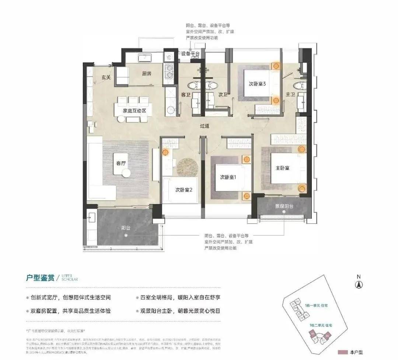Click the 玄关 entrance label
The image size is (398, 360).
pyautogui.click(x=107, y=77)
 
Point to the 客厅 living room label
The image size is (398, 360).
pyautogui.click(x=121, y=163)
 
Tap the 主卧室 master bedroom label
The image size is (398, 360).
pyautogui.click(x=282, y=168)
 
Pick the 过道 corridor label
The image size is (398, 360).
pyautogui.click(x=205, y=126)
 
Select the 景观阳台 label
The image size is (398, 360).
pyautogui.click(x=284, y=206)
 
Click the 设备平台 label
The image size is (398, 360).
pyautogui.click(x=191, y=54)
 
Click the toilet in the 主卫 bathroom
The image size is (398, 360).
pyautogui.click(x=301, y=85)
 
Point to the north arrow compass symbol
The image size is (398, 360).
pyautogui.click(x=358, y=284)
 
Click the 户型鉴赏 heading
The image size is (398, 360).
pyautogui.click(x=40, y=277)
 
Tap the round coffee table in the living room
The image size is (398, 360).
pyautogui.click(x=126, y=173)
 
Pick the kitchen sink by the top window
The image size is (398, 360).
pyautogui.click(x=145, y=57)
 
